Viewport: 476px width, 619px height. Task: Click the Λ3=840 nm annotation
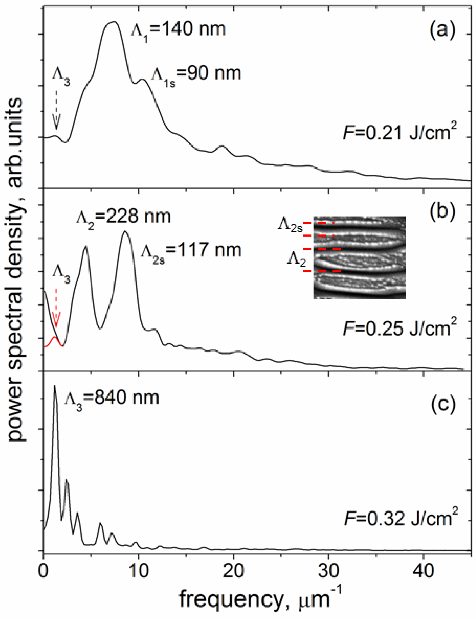pyautogui.click(x=111, y=399)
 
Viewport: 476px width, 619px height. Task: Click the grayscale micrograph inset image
pyautogui.click(x=359, y=258)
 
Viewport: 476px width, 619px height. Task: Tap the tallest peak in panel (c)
pyautogui.click(x=55, y=386)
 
